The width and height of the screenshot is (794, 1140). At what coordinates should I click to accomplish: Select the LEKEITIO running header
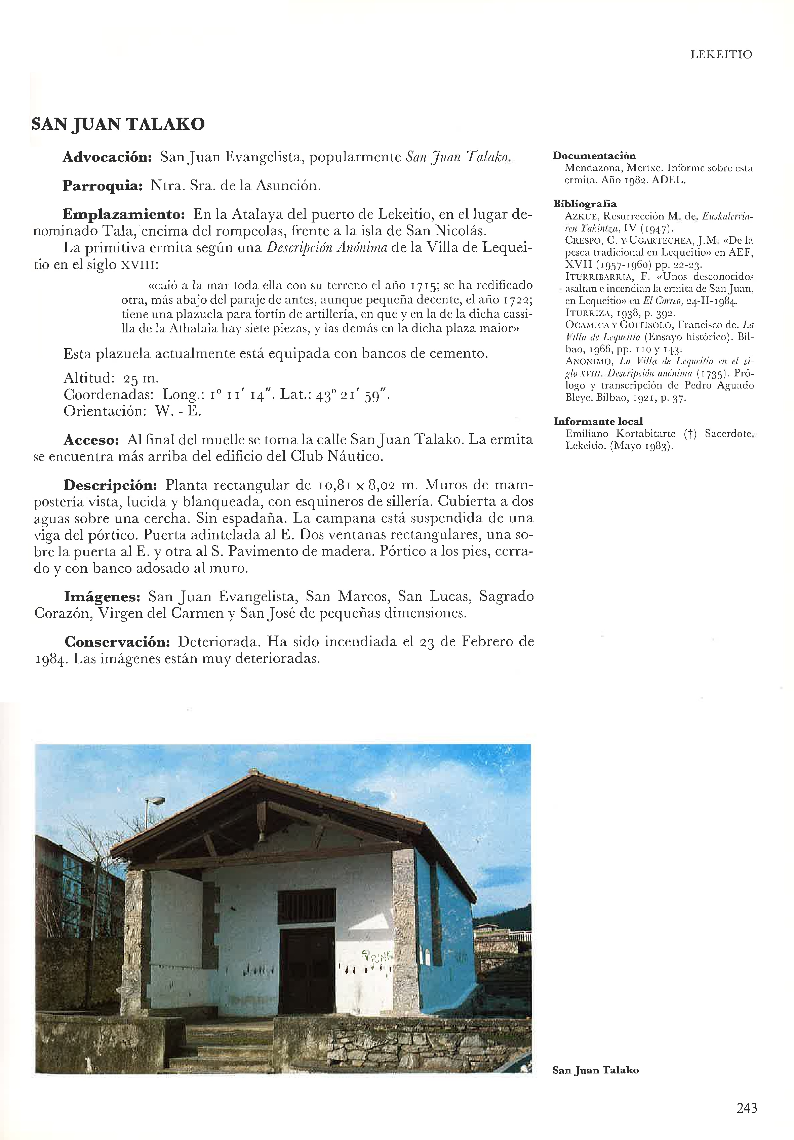(721, 55)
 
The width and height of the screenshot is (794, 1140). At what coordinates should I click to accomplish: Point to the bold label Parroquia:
(102, 186)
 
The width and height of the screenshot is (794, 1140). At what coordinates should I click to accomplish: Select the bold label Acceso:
(91, 440)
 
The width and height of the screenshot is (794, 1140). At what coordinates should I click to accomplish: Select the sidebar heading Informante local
(598, 421)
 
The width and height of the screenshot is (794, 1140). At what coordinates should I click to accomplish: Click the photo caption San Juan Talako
(595, 1070)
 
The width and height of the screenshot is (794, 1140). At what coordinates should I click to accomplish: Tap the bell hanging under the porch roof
(261, 838)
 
